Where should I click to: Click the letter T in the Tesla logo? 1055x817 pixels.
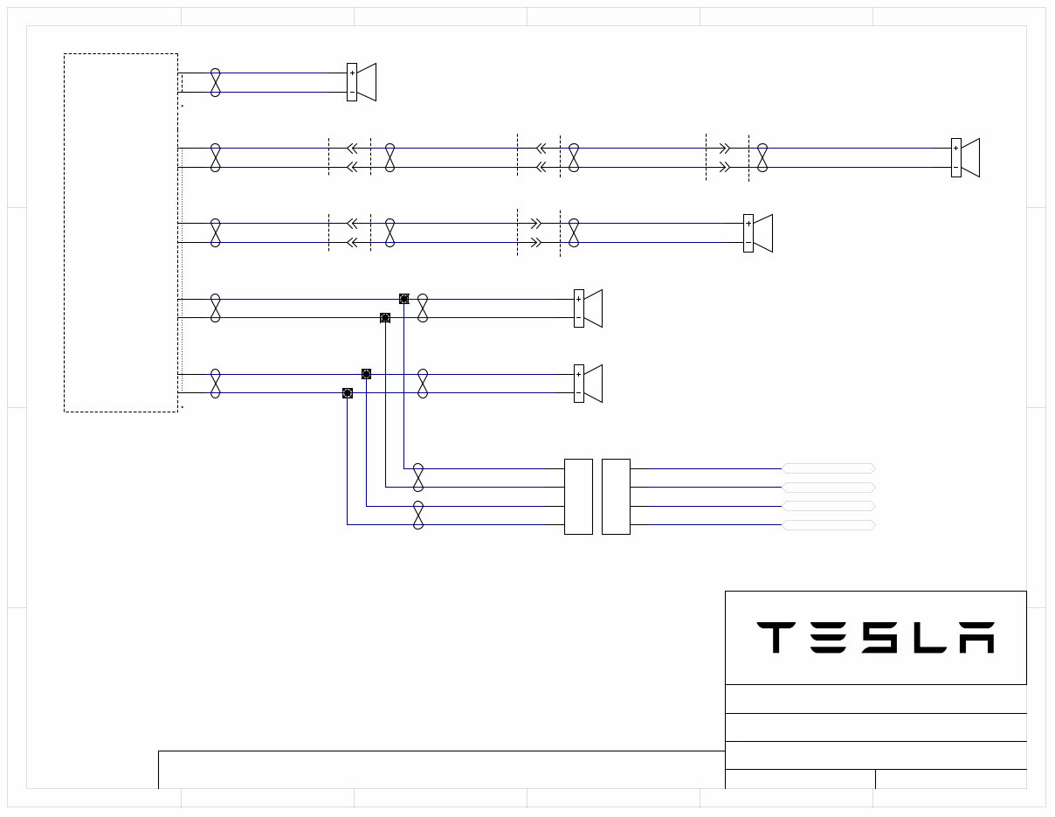(774, 638)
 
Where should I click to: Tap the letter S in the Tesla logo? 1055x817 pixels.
(878, 638)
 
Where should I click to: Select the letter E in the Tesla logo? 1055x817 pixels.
(826, 638)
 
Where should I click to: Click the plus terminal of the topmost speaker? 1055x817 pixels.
(352, 73)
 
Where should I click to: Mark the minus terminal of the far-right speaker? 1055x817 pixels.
(956, 168)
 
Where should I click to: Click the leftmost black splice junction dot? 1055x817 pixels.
(348, 393)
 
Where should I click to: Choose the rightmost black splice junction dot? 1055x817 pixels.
(403, 299)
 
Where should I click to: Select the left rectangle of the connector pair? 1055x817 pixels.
(578, 496)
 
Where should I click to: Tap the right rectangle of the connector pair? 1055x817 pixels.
(616, 496)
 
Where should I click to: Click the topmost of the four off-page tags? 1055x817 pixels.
(828, 468)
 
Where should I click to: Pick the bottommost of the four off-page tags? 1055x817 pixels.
(828, 525)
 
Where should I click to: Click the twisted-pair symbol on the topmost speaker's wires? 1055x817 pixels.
(216, 82)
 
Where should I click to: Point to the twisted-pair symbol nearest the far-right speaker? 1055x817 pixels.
(762, 158)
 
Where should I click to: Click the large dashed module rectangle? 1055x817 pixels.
(121, 232)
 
